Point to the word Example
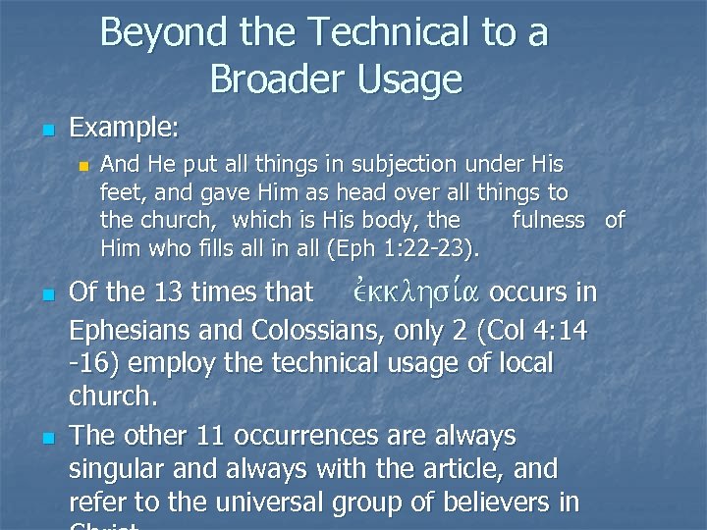click(124, 128)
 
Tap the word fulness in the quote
click(548, 220)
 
